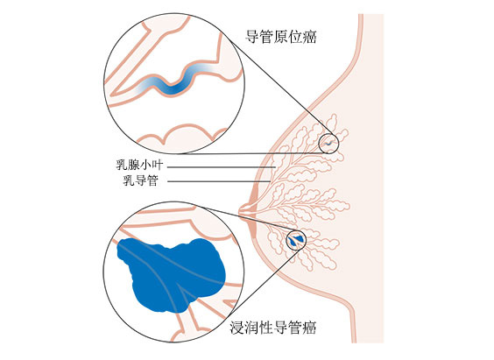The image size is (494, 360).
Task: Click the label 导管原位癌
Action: (x=280, y=37)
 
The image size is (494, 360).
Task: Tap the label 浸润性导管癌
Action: (x=272, y=328)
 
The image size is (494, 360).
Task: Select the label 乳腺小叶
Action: (x=139, y=165)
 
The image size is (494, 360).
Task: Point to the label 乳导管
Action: (x=140, y=180)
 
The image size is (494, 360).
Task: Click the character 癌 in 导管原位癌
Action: (x=309, y=37)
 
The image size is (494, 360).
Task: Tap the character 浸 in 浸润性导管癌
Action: (x=236, y=328)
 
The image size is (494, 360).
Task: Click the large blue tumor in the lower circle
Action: (x=171, y=275)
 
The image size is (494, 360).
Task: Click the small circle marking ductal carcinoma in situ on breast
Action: (x=328, y=144)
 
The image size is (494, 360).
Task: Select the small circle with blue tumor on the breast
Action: (x=296, y=240)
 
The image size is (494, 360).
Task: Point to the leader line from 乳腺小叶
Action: (x=222, y=167)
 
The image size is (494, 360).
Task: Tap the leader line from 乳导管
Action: (x=219, y=181)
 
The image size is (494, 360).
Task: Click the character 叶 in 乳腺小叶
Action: (x=158, y=165)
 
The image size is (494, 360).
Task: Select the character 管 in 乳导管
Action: (x=152, y=180)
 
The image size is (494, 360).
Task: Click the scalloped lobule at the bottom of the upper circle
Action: (x=182, y=136)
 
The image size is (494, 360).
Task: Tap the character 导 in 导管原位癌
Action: (x=252, y=37)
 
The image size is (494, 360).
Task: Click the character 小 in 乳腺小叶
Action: (x=145, y=165)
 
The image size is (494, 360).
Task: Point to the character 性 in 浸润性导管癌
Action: (x=265, y=328)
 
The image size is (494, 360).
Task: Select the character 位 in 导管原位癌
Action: (x=295, y=37)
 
